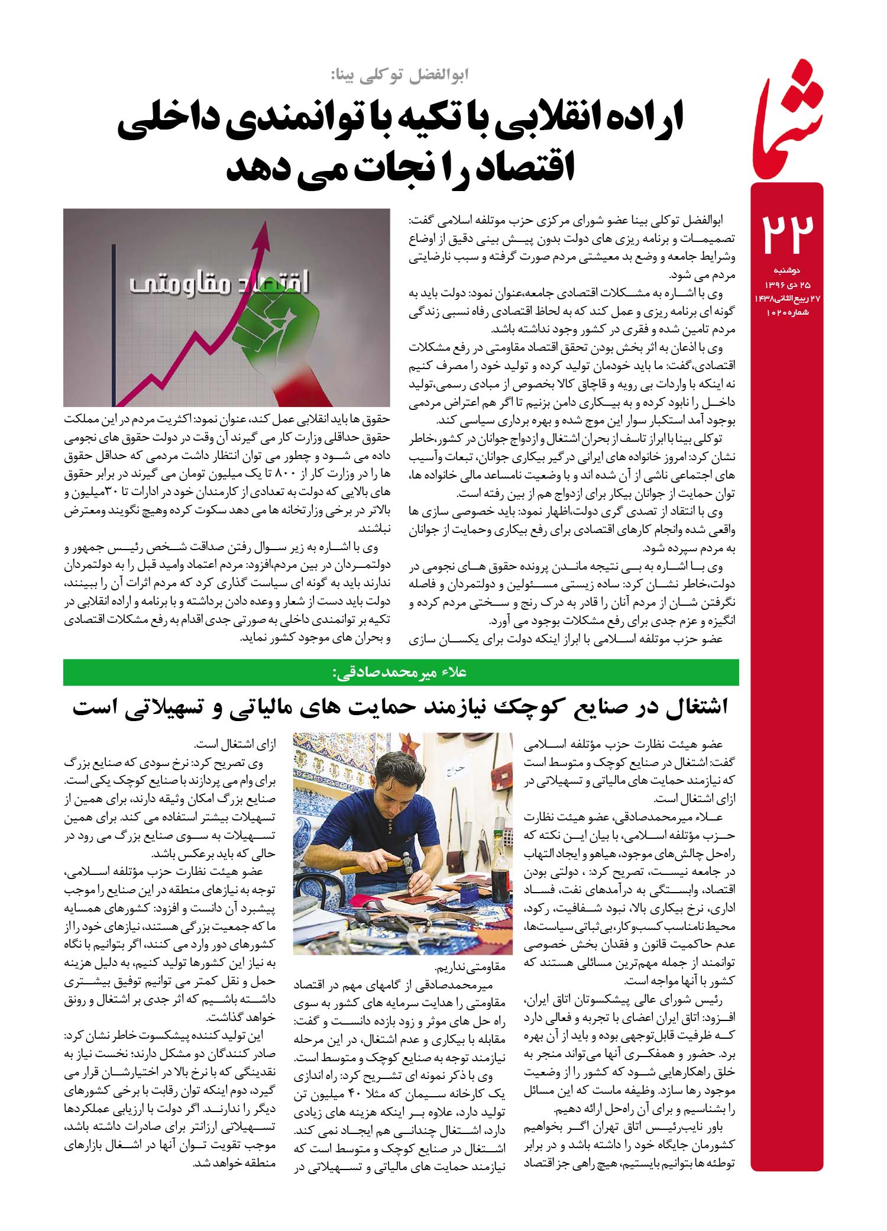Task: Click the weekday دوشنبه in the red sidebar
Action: (x=786, y=270)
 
